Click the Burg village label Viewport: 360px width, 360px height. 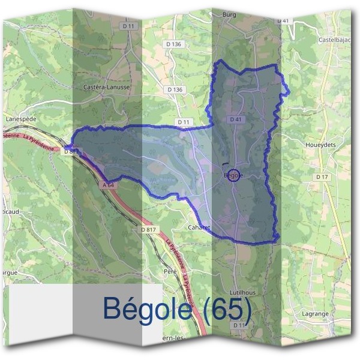tap(230, 13)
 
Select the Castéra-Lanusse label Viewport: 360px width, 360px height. tap(108, 87)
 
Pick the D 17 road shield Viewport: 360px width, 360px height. tap(322, 177)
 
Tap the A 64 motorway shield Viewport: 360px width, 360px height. tap(109, 186)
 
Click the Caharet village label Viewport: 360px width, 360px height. tap(199, 229)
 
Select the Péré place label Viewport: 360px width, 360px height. tap(169, 271)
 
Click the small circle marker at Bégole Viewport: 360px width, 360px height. tap(235, 176)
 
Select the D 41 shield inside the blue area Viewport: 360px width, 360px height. tap(235, 120)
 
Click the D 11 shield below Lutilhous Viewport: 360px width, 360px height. tap(239, 325)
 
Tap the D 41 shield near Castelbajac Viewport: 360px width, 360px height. tap(283, 21)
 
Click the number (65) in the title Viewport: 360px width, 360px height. tap(224, 308)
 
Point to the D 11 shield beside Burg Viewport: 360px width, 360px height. tap(127, 26)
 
